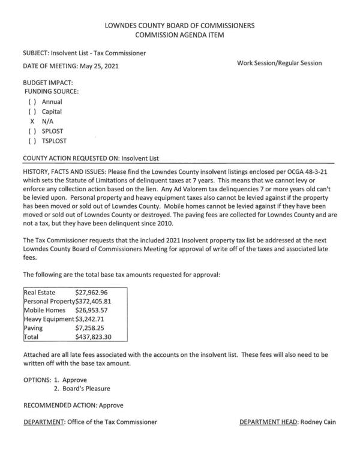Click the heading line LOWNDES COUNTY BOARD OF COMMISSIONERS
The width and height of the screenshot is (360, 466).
(179, 26)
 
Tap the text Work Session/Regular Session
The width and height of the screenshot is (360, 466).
(280, 63)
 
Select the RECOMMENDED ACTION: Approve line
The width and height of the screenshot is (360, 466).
(74, 405)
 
